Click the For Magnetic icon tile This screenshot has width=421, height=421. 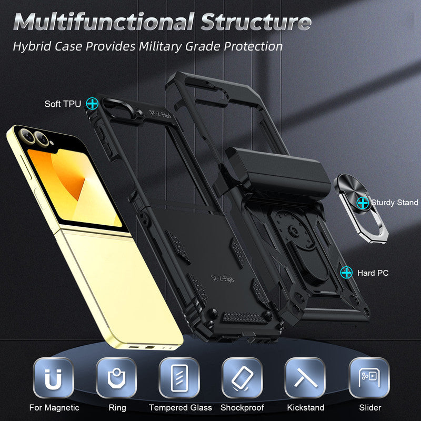pos(54,377)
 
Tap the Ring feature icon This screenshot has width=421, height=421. pos(116,377)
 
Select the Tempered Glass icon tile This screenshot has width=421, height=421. pos(180,377)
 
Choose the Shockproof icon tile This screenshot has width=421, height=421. pos(242,377)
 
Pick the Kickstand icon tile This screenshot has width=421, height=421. pos(305,377)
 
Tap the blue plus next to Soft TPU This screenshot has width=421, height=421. pos(92,103)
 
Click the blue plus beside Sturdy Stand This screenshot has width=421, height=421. pos(362,202)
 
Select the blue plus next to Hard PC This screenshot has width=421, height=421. pos(346,272)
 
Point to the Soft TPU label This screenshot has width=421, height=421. pos(63,104)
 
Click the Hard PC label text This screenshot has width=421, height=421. pos(373,273)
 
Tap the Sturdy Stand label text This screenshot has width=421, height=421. pos(394,203)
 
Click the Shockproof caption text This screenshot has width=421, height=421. pos(242,407)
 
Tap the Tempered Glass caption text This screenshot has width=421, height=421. pos(180,407)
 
